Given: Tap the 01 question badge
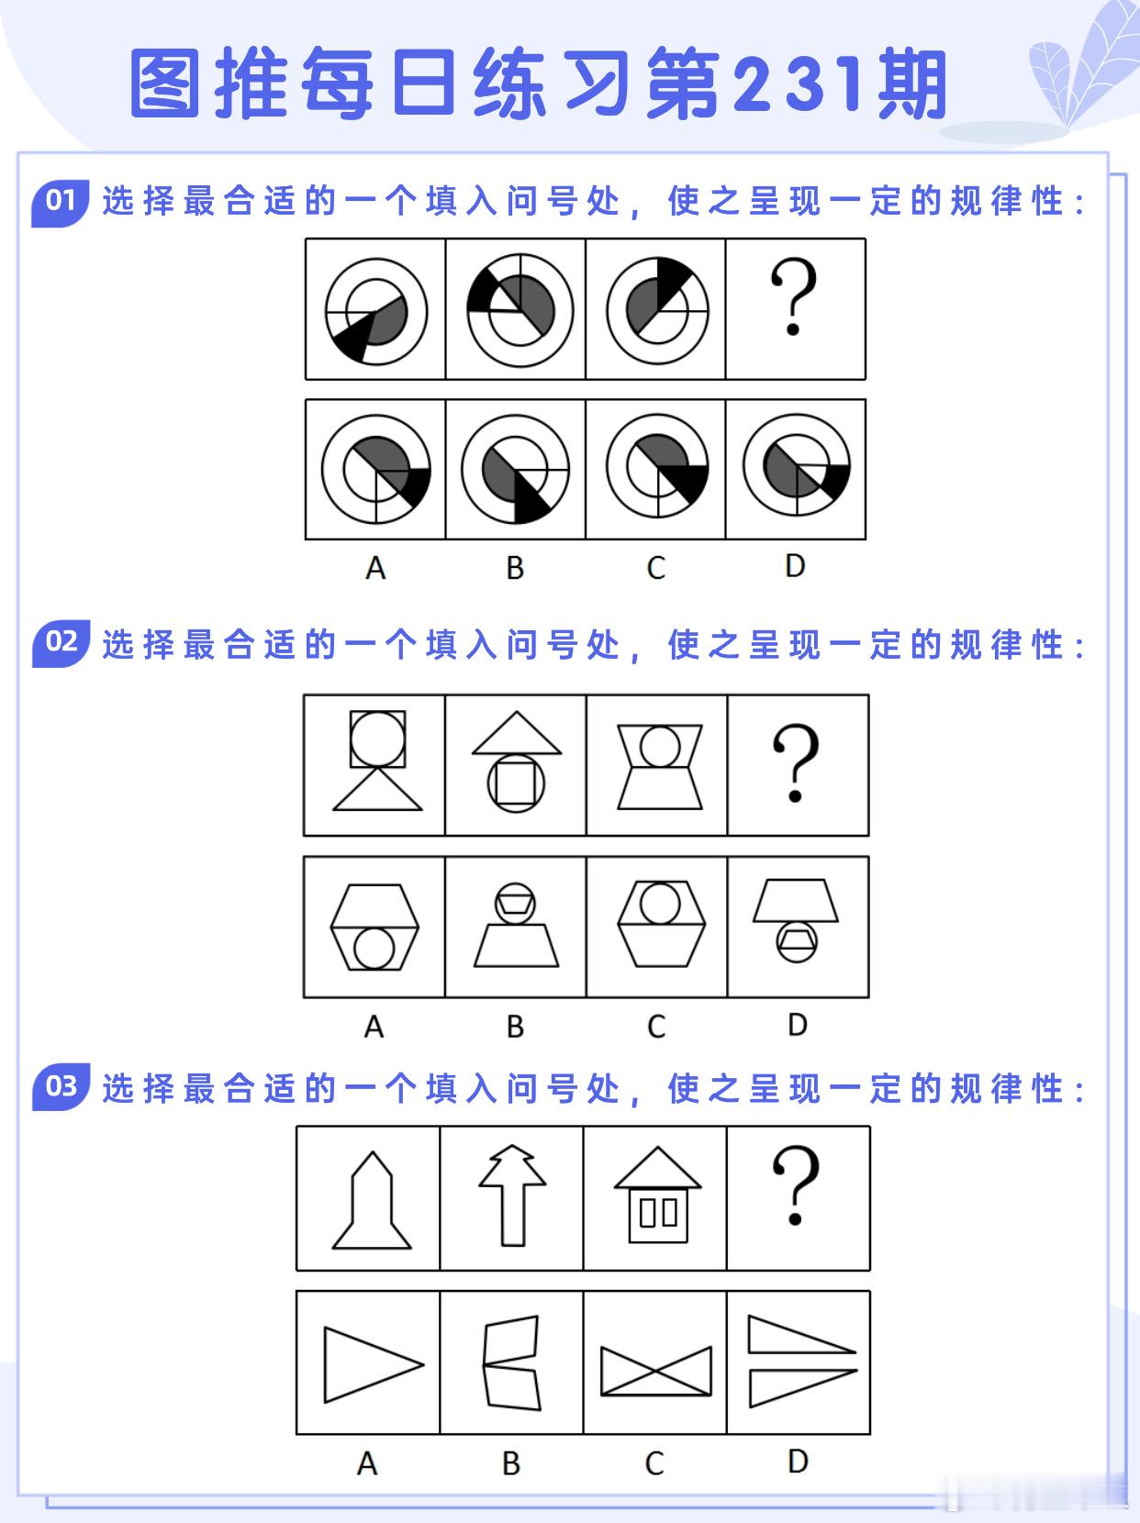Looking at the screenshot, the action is (x=61, y=203).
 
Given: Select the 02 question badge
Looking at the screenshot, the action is (x=61, y=642).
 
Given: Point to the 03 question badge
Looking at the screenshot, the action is (x=61, y=1086).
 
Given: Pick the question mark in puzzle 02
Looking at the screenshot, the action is (x=796, y=762).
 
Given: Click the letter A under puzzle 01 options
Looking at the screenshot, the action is (x=375, y=568).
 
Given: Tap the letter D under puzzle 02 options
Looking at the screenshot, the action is (x=798, y=1024).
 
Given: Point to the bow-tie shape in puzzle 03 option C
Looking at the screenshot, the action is (x=655, y=1371).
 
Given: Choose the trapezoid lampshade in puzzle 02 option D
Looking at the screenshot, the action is (x=796, y=901).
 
